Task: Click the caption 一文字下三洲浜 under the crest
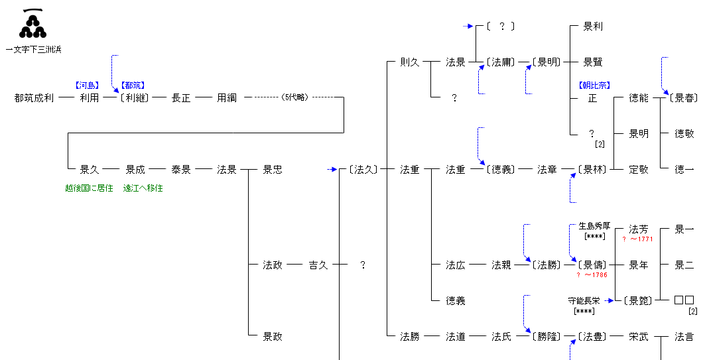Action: (33, 50)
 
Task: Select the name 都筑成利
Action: (34, 97)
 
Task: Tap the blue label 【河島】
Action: (87, 85)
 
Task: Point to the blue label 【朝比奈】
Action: (594, 85)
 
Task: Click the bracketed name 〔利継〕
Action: (135, 97)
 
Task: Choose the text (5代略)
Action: (295, 97)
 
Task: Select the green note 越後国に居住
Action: (89, 188)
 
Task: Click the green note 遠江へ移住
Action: (143, 188)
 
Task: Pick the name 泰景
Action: (181, 170)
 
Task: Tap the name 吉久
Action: (318, 265)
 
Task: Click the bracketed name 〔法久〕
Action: (363, 170)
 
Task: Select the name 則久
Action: (410, 62)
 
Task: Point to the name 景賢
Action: (593, 62)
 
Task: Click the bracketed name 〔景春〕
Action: (683, 97)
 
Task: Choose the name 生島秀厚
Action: (594, 226)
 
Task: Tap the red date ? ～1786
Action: (592, 275)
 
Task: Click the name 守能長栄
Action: (584, 300)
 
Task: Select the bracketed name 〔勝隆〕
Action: (546, 337)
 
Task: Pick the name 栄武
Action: (639, 337)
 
